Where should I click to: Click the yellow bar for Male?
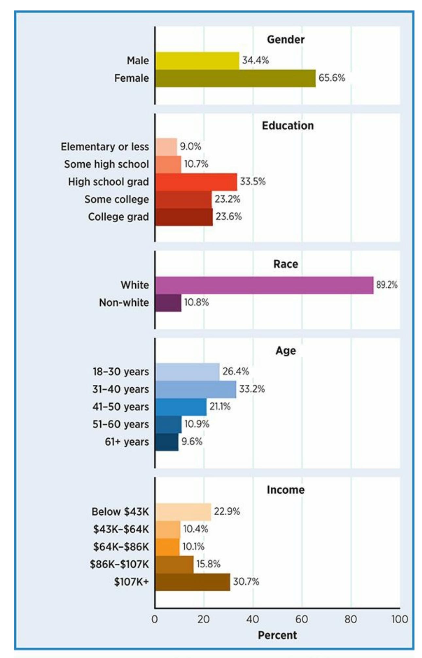click(197, 61)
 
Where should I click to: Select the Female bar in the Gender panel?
click(235, 78)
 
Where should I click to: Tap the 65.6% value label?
click(332, 78)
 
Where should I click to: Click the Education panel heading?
click(288, 126)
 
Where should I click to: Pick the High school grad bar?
click(196, 182)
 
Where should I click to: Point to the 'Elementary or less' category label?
click(105, 147)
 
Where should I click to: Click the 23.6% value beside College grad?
click(228, 217)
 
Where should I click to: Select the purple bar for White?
click(264, 285)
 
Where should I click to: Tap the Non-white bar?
click(168, 303)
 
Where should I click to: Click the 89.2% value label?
click(387, 285)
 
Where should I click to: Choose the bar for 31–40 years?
click(195, 389)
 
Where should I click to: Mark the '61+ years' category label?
click(127, 442)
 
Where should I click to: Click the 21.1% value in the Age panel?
click(220, 407)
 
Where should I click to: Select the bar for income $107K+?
click(193, 582)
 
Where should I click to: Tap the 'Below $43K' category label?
click(120, 512)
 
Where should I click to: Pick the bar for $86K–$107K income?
click(174, 564)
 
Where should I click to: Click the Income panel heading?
click(286, 490)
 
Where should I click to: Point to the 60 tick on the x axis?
click(302, 619)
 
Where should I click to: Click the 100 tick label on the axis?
click(399, 619)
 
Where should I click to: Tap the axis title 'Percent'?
click(278, 635)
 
